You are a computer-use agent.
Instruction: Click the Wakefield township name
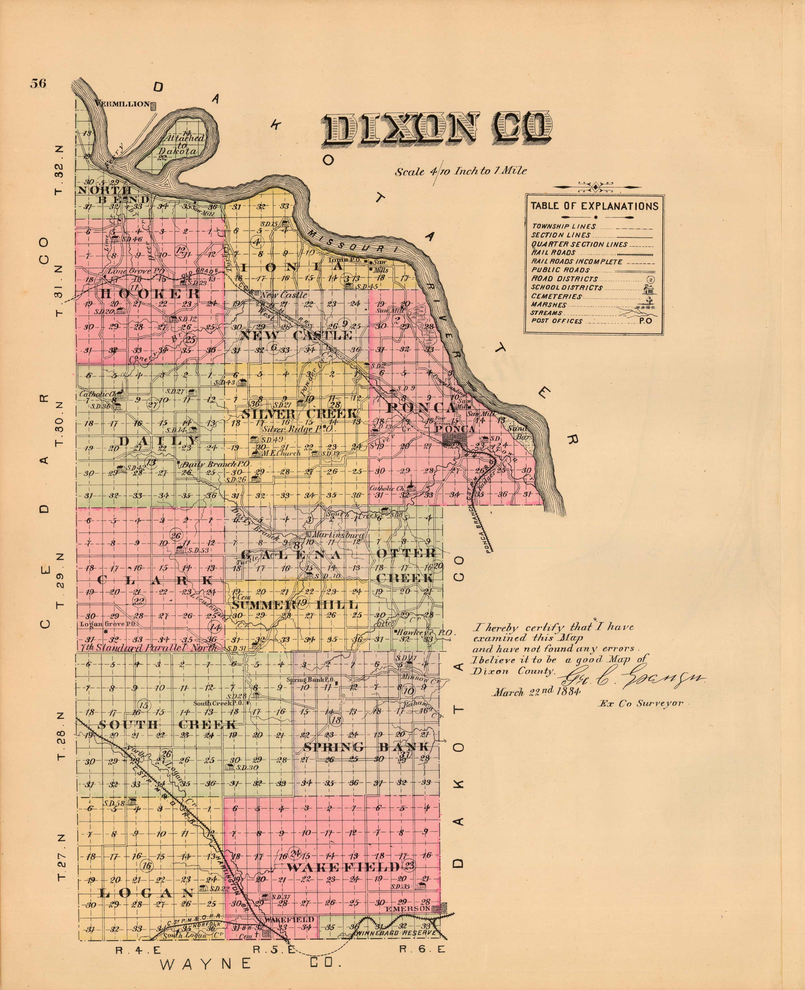[343, 867]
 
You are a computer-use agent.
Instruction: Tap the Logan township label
[146, 893]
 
